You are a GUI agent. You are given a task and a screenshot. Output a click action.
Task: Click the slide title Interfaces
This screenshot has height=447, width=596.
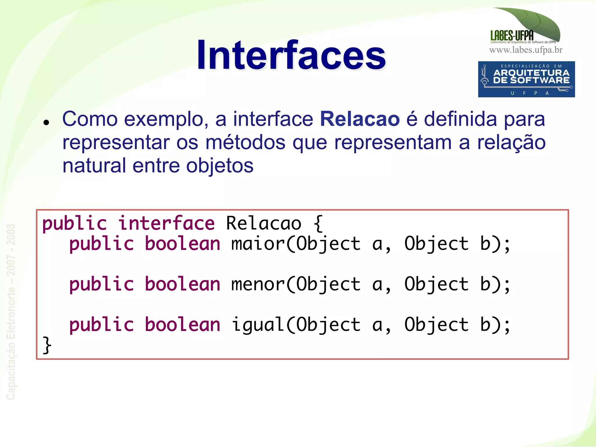[291, 55]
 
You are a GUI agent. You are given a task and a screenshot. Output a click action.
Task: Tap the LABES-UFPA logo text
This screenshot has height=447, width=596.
[512, 36]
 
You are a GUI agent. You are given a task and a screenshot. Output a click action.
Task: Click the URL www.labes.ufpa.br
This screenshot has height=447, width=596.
[526, 50]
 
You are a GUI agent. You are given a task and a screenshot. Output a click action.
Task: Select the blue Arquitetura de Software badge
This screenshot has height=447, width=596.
[526, 79]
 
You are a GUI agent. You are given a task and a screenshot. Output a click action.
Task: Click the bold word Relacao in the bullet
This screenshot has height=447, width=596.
[360, 119]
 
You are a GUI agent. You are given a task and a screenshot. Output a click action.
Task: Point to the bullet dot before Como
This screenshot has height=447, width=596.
[46, 122]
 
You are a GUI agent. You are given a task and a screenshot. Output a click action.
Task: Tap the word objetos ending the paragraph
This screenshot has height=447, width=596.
[220, 166]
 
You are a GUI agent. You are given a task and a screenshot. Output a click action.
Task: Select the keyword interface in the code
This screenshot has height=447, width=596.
[166, 223]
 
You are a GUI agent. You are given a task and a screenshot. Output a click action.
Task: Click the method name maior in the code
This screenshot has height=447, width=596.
[257, 244]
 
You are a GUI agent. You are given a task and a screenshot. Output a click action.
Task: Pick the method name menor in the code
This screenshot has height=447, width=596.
[257, 284]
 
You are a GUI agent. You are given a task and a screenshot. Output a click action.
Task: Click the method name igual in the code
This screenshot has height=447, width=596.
[257, 325]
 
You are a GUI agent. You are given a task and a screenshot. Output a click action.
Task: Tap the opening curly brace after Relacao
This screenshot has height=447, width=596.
[318, 223]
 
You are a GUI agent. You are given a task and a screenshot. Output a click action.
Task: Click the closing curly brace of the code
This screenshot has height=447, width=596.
[47, 345]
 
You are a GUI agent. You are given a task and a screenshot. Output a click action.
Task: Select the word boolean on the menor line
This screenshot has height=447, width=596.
[182, 284]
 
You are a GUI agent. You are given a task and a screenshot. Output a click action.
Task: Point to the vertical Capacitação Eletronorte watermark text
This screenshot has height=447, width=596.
[11, 311]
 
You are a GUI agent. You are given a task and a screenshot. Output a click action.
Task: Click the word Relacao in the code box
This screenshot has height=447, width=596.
[263, 223]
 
